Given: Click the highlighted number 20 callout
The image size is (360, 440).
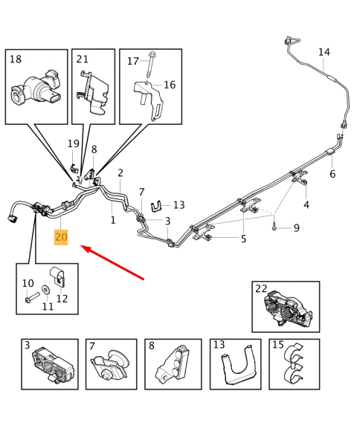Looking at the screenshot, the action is pos(61,237).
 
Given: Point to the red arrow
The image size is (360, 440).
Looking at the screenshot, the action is pos(112,262).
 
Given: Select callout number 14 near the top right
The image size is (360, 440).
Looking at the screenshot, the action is pos(324,52).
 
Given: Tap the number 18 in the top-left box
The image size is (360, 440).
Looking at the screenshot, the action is pos(16,59).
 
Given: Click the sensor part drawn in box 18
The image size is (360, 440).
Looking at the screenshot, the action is pos(36,89).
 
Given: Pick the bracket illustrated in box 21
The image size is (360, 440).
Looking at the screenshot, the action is pos(93,93).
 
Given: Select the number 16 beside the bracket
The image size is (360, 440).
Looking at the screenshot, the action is pos(170,85).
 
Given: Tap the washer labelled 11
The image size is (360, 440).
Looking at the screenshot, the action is pos(45,290).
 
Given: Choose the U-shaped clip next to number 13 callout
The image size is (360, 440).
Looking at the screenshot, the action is pos(158,207).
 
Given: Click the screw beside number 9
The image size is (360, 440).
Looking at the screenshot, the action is pos(274,227).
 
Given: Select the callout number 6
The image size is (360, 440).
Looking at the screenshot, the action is pos(332,174).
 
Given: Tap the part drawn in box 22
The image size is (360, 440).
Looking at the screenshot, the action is pos(288,308).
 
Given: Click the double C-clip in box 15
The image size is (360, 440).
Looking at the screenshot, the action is pos(294,365).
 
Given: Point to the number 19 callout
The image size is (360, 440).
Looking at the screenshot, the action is pos(74,143).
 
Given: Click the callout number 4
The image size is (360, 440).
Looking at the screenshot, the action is pos(306,205).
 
